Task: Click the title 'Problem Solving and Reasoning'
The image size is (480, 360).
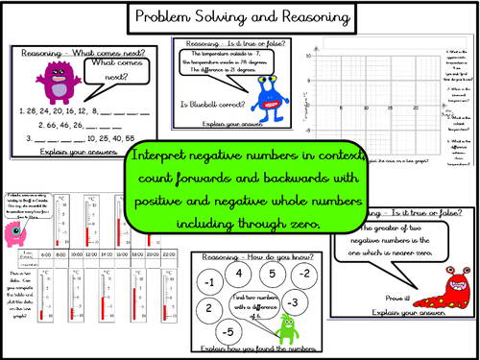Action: (x=240, y=16)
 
